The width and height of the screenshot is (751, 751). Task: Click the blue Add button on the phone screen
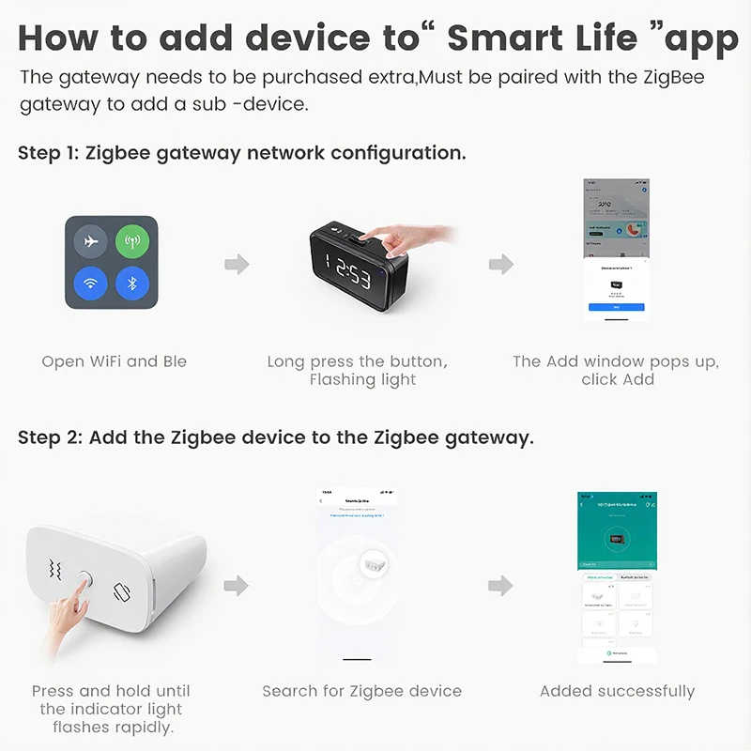point(616,307)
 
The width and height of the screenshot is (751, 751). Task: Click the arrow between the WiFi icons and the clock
point(238,264)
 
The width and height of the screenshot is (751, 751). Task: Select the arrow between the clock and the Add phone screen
point(501,264)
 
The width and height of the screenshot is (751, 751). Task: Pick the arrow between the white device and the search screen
point(238,586)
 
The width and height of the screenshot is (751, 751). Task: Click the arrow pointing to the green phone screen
point(501,586)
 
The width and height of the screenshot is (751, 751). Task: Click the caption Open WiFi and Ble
point(114,361)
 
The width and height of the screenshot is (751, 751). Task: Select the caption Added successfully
point(617,691)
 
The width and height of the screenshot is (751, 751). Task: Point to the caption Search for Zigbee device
point(361,691)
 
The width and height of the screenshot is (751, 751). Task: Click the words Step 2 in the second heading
point(49,437)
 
